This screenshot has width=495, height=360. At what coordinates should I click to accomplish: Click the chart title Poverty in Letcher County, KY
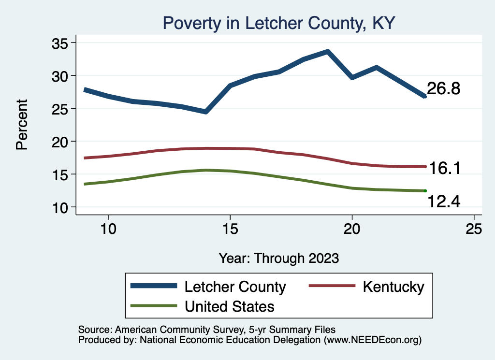(x=279, y=23)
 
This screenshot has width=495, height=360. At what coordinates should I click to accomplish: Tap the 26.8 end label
(x=443, y=89)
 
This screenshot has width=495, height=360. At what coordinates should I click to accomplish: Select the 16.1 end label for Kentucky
(x=443, y=168)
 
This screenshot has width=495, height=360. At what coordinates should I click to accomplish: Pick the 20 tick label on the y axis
(x=61, y=142)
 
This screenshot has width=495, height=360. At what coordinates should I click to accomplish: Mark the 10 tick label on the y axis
(x=61, y=207)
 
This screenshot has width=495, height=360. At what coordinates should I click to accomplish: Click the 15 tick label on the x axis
(x=230, y=229)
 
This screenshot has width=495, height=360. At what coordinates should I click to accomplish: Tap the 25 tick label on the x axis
(x=474, y=229)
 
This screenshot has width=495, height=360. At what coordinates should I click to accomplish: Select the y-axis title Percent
(x=22, y=125)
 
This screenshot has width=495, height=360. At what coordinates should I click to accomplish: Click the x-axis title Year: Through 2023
(x=279, y=258)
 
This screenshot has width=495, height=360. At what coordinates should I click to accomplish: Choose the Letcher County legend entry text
(x=235, y=287)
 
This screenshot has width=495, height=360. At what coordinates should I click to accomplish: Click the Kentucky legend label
(x=393, y=287)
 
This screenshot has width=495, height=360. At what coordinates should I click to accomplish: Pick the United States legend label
(x=229, y=306)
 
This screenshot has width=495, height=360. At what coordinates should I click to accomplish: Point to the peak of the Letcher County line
(x=328, y=51)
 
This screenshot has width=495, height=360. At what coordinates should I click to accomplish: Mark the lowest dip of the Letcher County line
(x=205, y=112)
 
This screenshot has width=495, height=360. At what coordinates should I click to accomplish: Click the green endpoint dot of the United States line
(x=425, y=191)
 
